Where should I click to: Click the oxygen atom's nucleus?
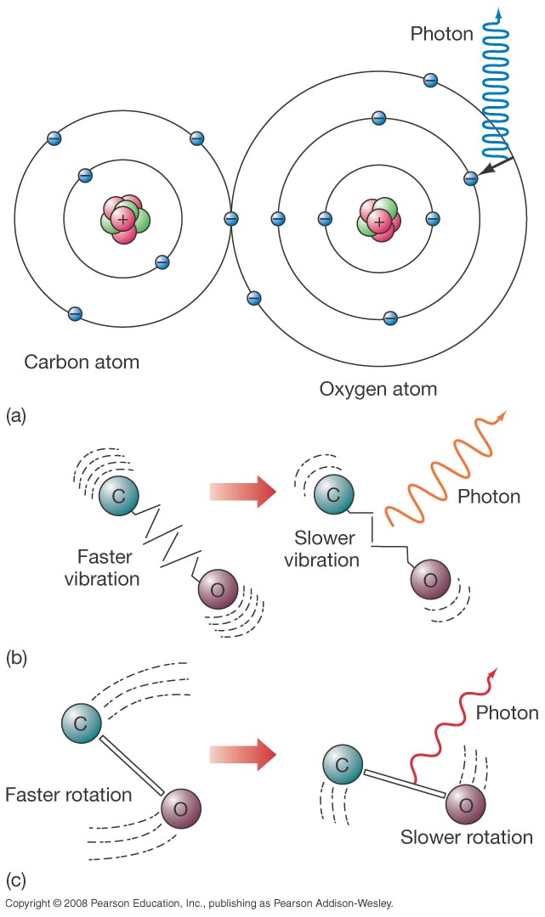(x=379, y=219)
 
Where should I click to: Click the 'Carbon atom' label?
(x=82, y=363)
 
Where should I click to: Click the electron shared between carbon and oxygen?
(x=230, y=218)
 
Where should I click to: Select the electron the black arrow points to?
(x=470, y=178)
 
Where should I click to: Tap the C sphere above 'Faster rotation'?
(x=82, y=724)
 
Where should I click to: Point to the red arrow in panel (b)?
(x=243, y=491)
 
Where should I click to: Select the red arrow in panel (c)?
(x=243, y=751)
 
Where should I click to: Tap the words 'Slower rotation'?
(x=467, y=838)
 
